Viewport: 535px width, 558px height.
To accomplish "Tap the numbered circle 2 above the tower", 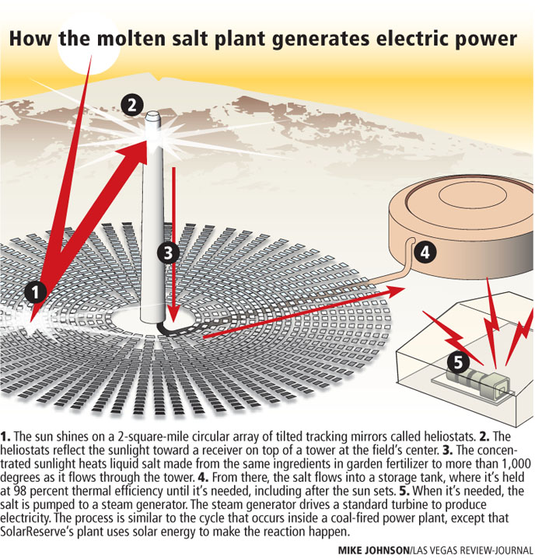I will click(133, 104).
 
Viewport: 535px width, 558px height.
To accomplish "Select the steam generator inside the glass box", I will click(476, 384).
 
